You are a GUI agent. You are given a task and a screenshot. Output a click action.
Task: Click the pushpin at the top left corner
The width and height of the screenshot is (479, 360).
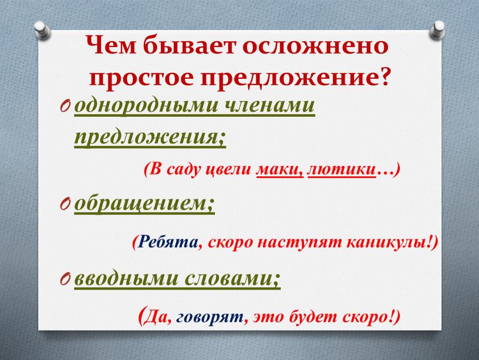[43, 30]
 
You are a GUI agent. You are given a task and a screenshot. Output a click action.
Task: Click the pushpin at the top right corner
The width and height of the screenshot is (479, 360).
[437, 30]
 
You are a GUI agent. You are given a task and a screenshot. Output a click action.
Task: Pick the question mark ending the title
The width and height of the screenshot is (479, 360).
[386, 76]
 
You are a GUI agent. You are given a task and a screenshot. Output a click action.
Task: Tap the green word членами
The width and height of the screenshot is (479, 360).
[270, 106]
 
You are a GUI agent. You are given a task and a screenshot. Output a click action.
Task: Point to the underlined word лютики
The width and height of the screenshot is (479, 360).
[342, 170]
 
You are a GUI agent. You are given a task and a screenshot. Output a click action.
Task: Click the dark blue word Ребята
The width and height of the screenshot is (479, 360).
[168, 243]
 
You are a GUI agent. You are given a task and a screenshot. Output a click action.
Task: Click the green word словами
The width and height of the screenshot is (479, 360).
[228, 279]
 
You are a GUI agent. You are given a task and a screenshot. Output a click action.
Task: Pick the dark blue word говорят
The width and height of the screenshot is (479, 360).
[210, 318]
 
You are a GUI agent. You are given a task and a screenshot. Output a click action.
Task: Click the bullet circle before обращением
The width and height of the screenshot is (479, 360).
[65, 205]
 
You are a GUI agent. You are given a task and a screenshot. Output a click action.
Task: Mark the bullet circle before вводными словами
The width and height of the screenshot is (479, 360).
[65, 280]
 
